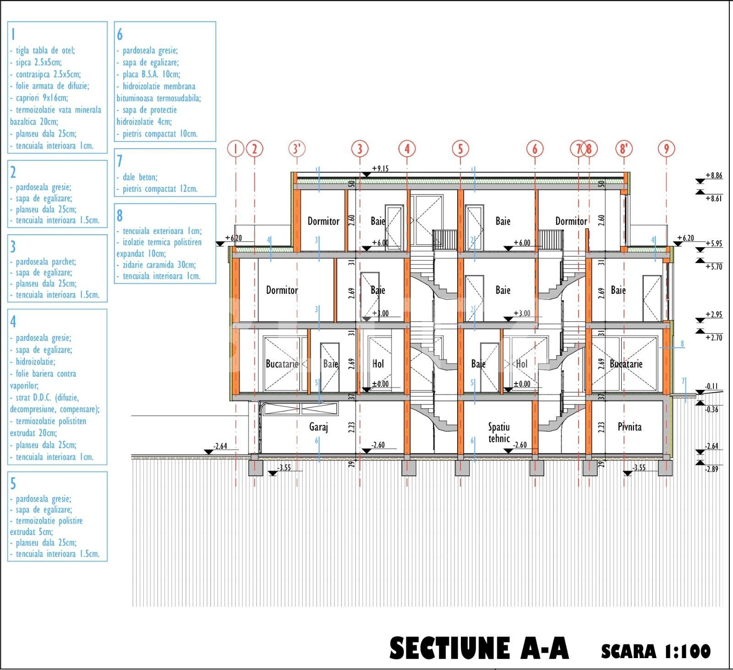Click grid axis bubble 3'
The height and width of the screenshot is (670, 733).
[297, 149]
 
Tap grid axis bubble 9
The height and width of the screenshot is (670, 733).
[667, 149]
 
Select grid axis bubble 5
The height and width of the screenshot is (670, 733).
[460, 149]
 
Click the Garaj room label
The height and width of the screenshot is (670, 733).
[318, 427]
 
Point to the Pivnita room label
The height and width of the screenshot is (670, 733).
[629, 427]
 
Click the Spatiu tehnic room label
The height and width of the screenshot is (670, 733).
[499, 432]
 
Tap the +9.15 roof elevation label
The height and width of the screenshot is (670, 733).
[380, 169]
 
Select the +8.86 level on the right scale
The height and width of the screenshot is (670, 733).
[714, 175]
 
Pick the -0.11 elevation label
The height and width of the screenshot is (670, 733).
[711, 386]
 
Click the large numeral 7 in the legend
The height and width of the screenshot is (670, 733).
[120, 161]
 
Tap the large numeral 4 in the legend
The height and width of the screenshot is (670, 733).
[13, 322]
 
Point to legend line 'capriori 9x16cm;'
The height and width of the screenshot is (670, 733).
[42, 98]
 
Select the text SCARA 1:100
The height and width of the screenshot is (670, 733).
[656, 651]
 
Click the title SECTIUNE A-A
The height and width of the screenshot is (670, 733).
[479, 648]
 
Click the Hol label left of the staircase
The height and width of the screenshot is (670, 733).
[378, 364]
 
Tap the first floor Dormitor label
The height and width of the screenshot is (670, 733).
[282, 290]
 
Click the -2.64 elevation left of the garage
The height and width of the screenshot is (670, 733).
[220, 446]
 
